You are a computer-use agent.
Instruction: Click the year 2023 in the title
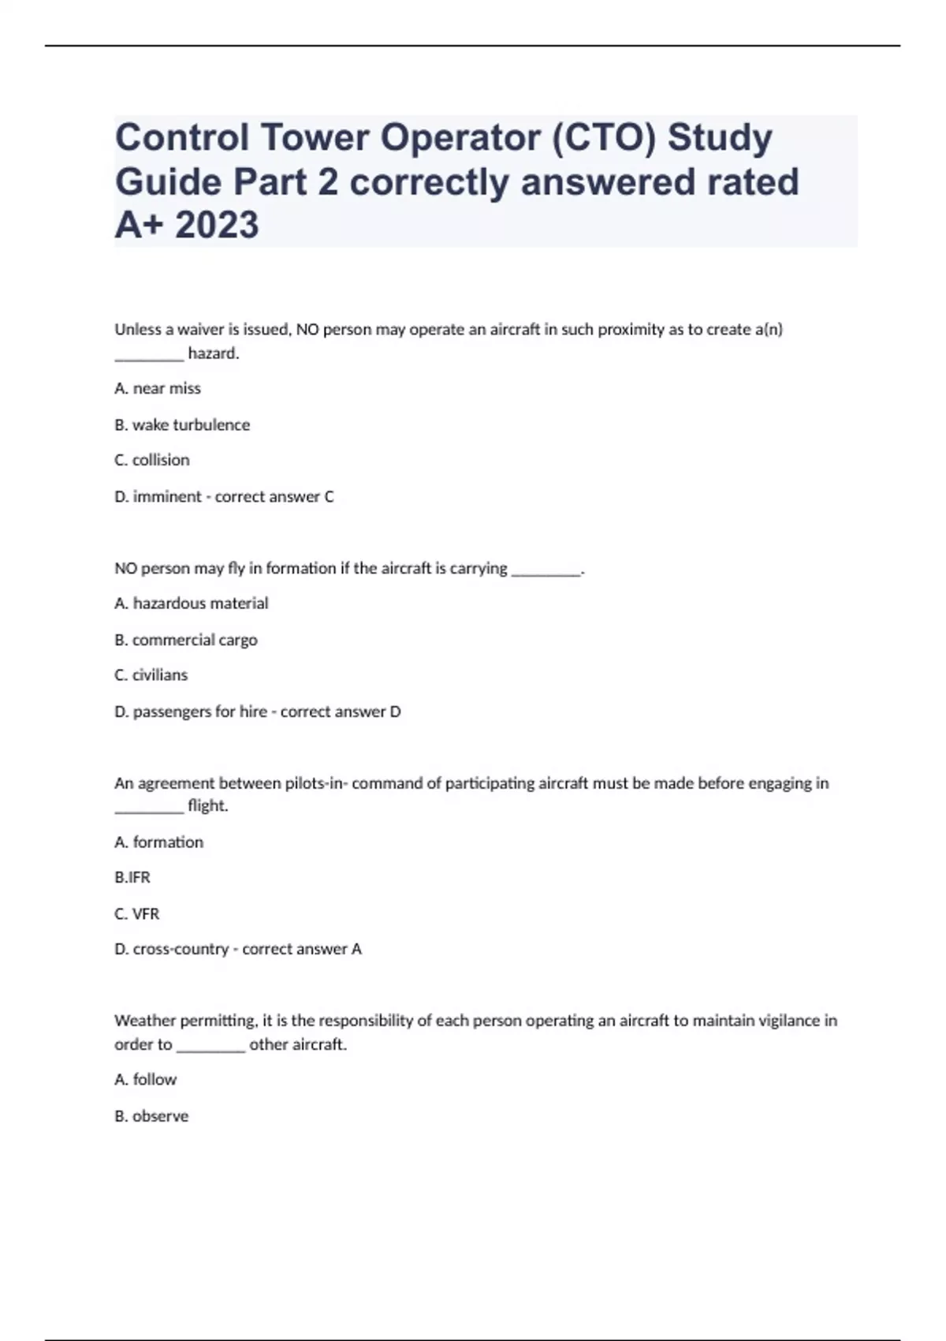(217, 225)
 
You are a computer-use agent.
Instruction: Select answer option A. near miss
(158, 388)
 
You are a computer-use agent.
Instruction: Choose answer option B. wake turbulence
(182, 424)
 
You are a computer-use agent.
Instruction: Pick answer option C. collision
(152, 460)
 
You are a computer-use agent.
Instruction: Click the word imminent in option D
(167, 496)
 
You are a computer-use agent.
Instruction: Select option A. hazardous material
(192, 603)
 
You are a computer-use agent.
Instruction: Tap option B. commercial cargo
(186, 640)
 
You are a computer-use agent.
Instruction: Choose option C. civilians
(151, 675)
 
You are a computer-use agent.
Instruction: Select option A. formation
(159, 842)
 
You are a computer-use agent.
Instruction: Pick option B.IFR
(132, 877)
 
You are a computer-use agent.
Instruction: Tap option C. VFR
(137, 913)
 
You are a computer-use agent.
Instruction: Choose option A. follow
(146, 1079)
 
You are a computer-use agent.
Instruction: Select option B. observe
(151, 1116)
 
